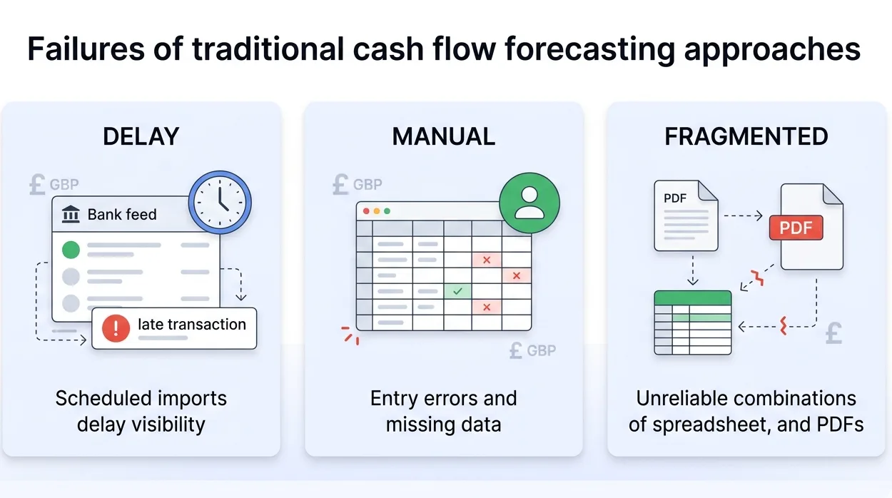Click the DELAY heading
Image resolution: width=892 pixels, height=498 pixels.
[x=141, y=136]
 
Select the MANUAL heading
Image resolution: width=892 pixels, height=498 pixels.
[x=443, y=136]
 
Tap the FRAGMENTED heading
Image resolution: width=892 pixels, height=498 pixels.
[x=746, y=136]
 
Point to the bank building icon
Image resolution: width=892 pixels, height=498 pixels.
[x=71, y=214]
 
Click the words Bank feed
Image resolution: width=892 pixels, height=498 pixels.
[x=122, y=214]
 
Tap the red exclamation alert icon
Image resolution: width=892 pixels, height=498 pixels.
[x=116, y=327]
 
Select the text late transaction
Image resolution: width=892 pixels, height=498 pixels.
[x=191, y=325]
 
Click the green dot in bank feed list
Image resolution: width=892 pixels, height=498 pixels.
[x=71, y=250]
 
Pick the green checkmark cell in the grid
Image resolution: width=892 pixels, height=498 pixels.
[x=457, y=291]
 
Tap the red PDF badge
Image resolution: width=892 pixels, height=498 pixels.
[x=796, y=228]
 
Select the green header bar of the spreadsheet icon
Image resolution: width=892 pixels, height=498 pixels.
[x=693, y=298]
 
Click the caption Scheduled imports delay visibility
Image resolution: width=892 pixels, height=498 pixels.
[x=141, y=411]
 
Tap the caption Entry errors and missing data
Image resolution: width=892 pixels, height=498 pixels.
[x=443, y=411]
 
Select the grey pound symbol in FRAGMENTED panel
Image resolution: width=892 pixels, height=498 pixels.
[x=833, y=333]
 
